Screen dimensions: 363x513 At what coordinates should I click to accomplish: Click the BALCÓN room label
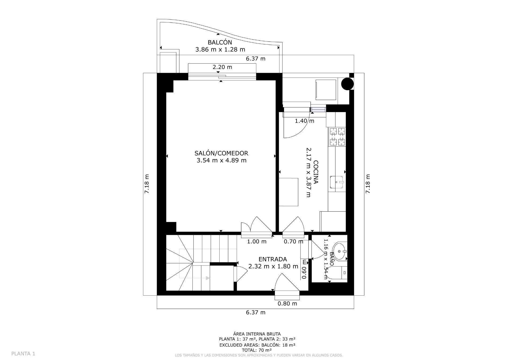coord(220,42)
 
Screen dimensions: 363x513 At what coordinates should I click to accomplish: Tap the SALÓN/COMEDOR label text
coord(221,153)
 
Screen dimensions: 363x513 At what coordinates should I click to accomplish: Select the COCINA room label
coord(316,172)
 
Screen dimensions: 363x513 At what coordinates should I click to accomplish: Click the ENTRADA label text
coord(273,259)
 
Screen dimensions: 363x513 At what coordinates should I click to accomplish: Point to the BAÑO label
coord(332,259)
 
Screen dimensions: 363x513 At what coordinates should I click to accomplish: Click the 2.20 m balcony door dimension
coord(222,67)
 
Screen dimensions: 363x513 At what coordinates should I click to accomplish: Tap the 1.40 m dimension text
coord(304,121)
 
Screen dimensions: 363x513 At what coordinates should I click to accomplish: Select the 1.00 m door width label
coord(256,242)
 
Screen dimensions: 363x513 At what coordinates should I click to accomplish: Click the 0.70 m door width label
coord(293,242)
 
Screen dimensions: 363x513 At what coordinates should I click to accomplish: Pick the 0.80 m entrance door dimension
coord(287,304)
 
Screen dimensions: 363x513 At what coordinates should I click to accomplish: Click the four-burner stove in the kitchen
coord(337,137)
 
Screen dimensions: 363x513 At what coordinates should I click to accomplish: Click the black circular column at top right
coord(348,84)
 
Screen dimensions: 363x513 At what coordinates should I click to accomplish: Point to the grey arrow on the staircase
coord(207,278)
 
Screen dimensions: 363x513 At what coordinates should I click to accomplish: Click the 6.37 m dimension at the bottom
coord(255,312)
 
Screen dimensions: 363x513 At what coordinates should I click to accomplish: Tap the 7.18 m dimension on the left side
coord(147,184)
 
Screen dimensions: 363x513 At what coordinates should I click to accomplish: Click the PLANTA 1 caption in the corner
coord(23,354)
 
